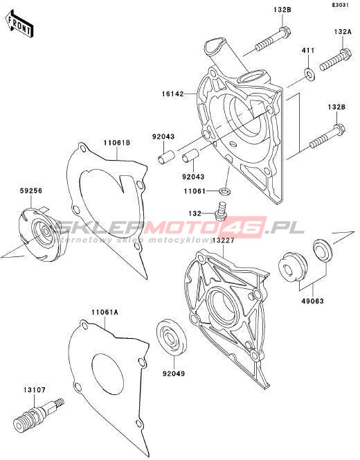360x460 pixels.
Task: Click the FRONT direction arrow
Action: coord(19,24)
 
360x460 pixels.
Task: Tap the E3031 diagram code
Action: coord(340,5)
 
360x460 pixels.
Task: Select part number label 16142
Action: coord(173,94)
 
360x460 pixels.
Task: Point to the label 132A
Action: coord(342,32)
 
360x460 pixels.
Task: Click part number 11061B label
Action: coord(116,143)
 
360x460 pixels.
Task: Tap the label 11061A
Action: coord(105,312)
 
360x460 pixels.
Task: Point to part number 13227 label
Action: coord(224,240)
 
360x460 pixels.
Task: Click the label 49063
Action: coord(312,301)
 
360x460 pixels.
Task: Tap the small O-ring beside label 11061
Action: coord(225,192)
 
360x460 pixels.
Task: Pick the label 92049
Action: coord(174,374)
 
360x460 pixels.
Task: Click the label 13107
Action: coord(35,390)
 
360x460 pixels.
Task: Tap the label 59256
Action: coord(30,191)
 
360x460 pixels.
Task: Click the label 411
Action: coord(308,51)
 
